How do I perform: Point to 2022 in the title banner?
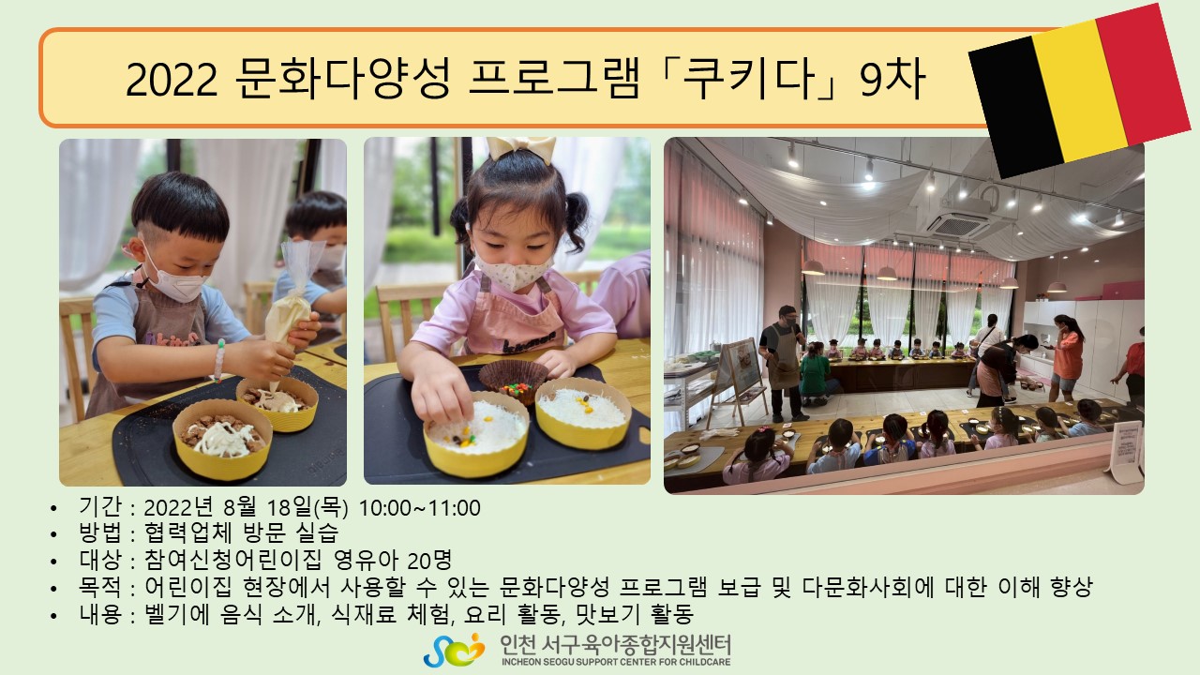[172, 80]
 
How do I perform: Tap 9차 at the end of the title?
[892, 79]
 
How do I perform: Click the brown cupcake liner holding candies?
[513, 381]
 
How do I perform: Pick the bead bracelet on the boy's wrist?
[219, 360]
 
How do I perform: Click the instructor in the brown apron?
[783, 362]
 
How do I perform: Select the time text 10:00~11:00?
[419, 508]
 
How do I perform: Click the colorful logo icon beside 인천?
[454, 650]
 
